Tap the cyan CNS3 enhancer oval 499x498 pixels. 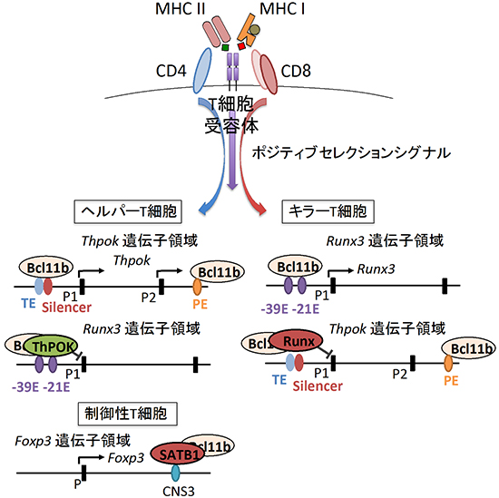pos(177,471)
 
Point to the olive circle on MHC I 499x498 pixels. pos(259,34)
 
